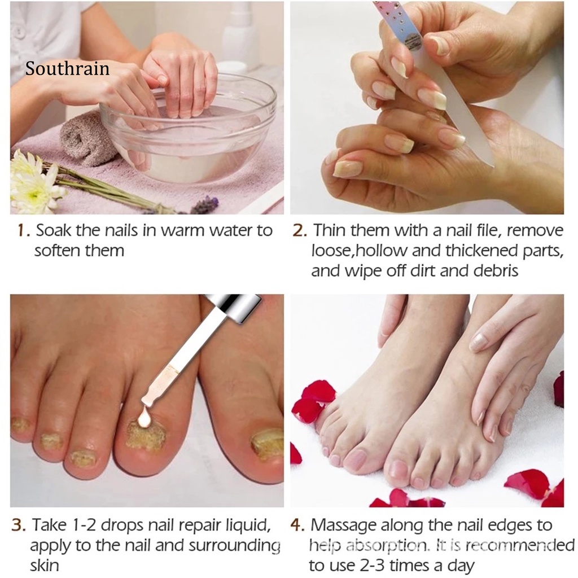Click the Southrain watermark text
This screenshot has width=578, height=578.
coord(67,69)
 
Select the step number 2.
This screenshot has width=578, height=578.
coord(299,231)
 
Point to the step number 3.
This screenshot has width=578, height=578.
coord(19,526)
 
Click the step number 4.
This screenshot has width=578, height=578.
coord(298,526)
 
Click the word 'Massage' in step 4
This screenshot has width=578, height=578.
coord(344,526)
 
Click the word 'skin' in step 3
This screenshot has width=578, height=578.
coord(45,566)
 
